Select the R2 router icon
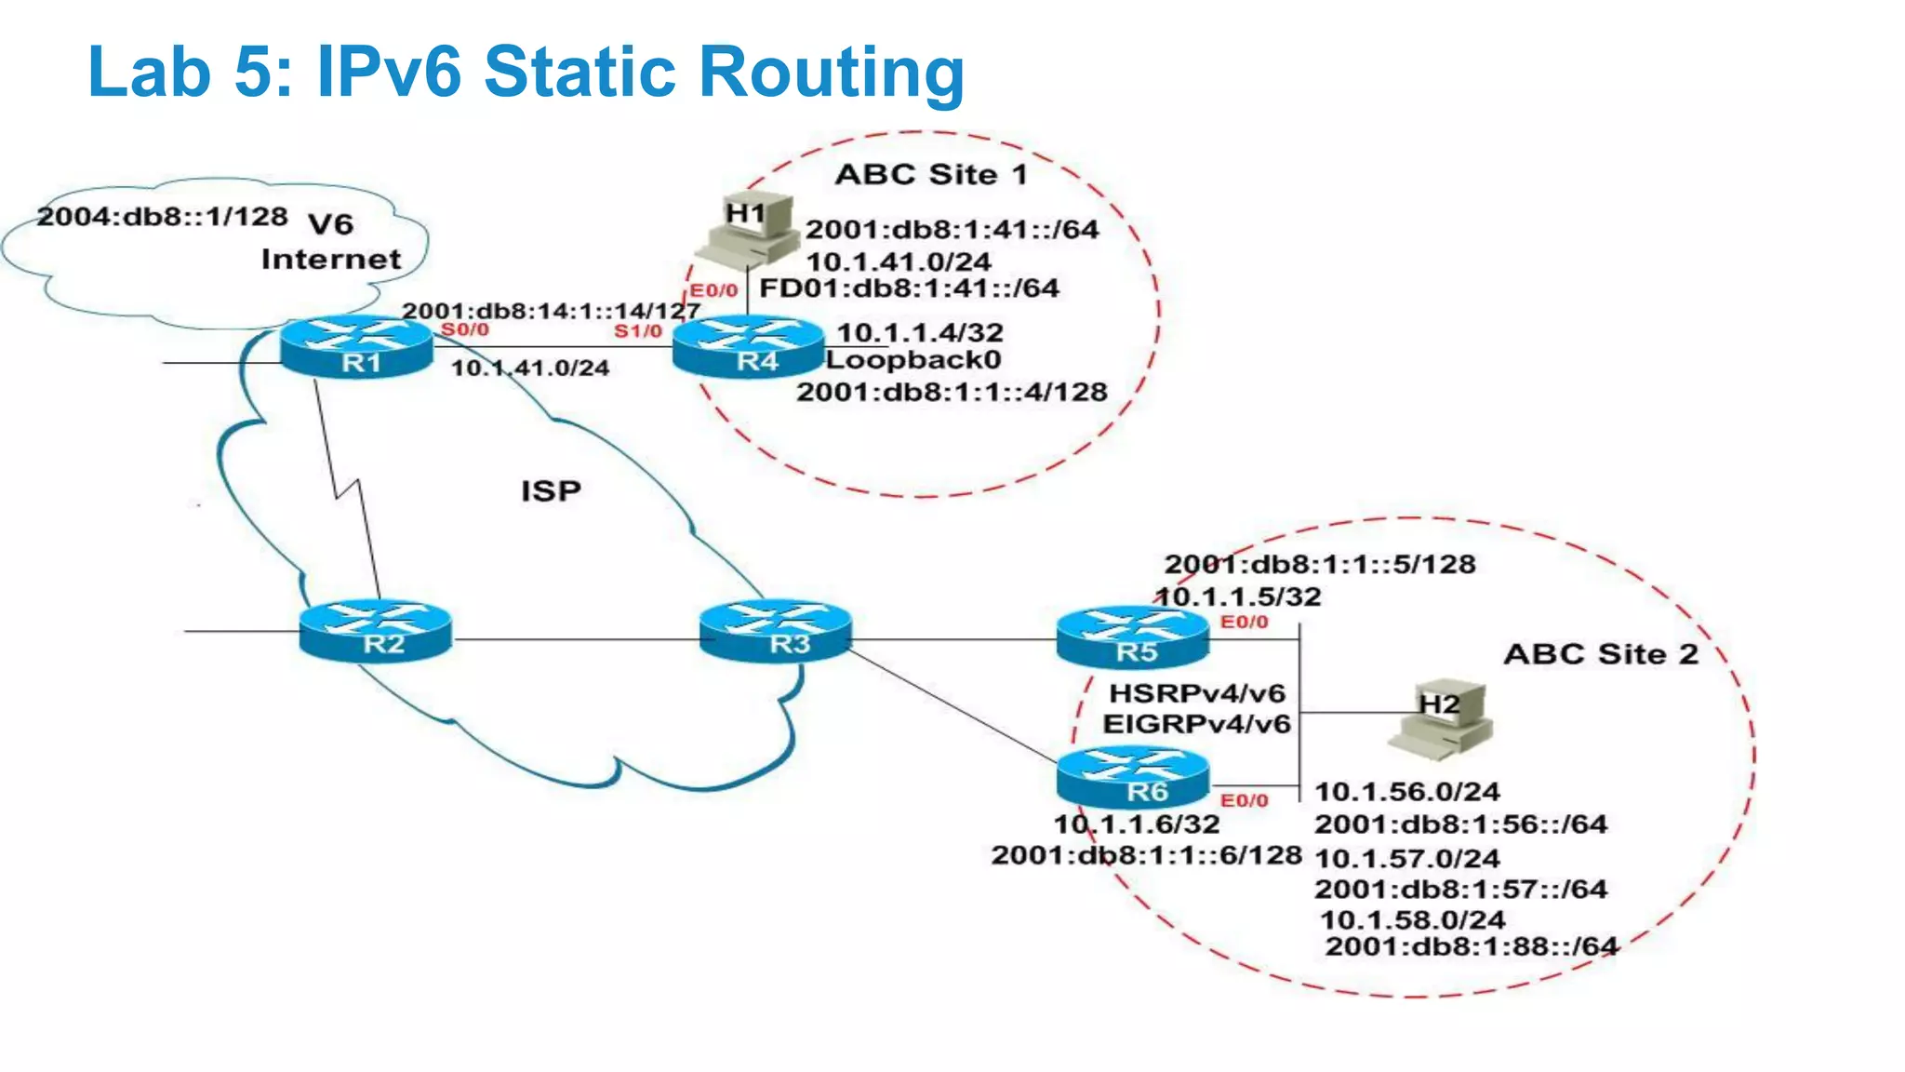point(376,631)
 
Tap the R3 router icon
point(776,631)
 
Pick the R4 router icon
point(749,346)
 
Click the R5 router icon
point(1133,637)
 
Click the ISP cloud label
point(551,490)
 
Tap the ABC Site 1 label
point(931,174)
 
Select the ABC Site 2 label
point(1601,654)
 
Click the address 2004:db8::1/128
point(162,216)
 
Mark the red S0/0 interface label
point(464,329)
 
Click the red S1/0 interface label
point(638,331)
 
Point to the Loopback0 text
point(913,360)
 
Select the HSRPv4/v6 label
point(1197,693)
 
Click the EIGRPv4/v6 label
point(1197,724)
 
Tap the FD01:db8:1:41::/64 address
point(909,288)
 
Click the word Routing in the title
point(831,71)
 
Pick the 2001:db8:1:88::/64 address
point(1472,946)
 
